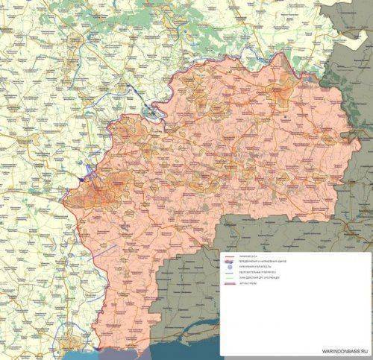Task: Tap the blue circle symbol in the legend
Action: (x=231, y=270)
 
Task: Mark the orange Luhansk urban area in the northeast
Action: (x=279, y=92)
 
